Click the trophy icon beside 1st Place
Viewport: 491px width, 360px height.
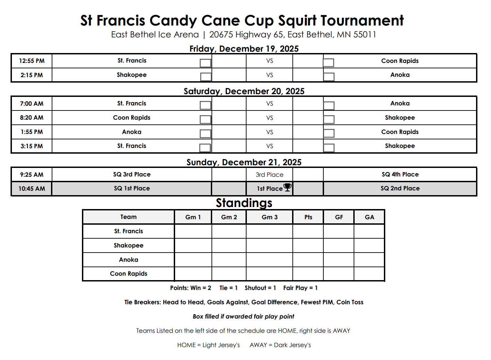288,187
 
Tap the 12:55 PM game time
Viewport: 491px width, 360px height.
32,61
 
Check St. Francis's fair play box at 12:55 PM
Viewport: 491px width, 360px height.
205,63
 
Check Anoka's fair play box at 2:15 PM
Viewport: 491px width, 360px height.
329,76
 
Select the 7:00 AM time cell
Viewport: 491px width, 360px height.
32,104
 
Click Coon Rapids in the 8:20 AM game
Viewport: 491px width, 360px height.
132,118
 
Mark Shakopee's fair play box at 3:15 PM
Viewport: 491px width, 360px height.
329,148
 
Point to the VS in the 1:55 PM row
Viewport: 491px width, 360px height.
270,132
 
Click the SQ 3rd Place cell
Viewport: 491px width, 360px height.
132,174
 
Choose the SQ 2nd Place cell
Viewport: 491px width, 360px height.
400,188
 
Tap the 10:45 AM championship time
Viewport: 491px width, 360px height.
32,189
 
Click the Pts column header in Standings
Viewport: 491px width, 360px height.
308,217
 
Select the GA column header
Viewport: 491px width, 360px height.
369,217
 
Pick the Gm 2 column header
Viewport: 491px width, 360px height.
229,217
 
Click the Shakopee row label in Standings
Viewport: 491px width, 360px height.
129,245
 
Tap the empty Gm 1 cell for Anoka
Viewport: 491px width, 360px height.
193,260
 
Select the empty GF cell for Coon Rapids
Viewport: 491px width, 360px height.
339,274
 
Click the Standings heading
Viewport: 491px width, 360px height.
244,203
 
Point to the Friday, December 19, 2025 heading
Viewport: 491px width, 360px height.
244,49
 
